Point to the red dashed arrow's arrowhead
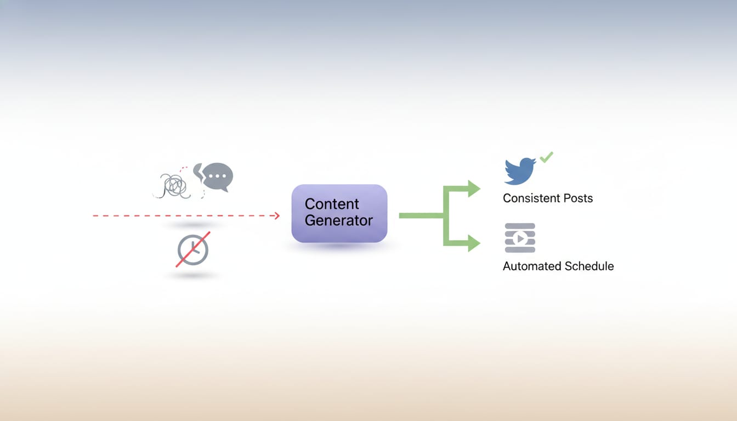coord(276,216)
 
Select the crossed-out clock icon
coord(193,250)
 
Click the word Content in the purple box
coord(332,204)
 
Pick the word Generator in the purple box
coord(339,221)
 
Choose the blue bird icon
coord(519,171)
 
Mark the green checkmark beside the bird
coord(547,157)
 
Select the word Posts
coord(579,198)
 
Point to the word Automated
coord(532,266)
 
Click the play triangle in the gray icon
coord(521,238)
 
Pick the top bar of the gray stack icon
coord(520,226)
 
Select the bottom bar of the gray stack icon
coord(520,250)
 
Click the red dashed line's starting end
coord(94,216)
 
